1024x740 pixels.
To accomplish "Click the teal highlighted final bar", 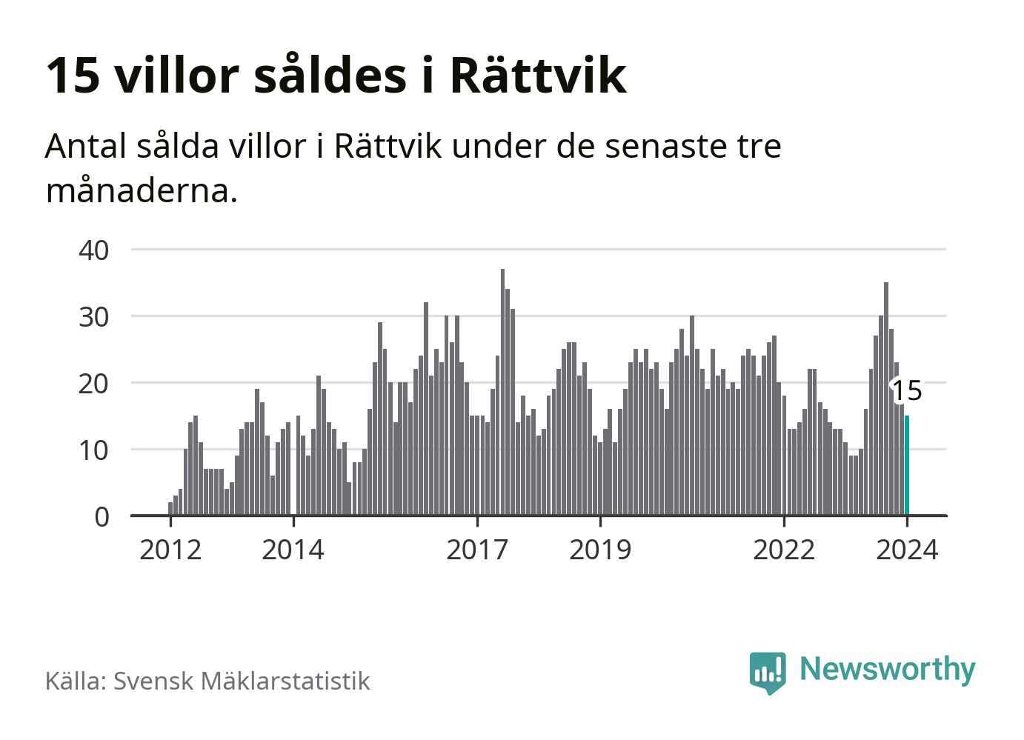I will pos(907,465).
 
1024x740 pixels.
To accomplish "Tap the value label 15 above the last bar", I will pos(907,390).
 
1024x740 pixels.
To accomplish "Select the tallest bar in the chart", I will pos(502,392).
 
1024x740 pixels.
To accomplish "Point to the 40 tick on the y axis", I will pos(94,250).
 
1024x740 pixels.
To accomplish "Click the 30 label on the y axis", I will pos(94,317).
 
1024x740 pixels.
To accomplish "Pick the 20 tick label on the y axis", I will pos(94,384).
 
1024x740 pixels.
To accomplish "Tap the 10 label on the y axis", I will pos(94,450).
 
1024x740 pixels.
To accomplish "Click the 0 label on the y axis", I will pos(102,517).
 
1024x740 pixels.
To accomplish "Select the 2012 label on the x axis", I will pos(170,550).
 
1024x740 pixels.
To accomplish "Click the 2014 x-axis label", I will pos(293,550).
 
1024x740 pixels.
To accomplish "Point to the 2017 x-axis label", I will pos(477,550).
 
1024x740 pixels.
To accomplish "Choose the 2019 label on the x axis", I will pos(600,550).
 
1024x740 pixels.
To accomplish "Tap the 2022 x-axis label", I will pos(784,550).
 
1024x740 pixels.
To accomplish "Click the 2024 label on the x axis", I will pos(907,550).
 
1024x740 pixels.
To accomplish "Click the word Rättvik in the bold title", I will pos(538,76).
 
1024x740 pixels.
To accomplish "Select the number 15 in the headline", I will pos(73,76).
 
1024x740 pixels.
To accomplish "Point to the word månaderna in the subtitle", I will pos(142,191).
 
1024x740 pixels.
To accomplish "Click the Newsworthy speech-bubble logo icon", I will pos(768,672).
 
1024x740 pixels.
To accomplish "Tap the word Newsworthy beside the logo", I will pos(888,669).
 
